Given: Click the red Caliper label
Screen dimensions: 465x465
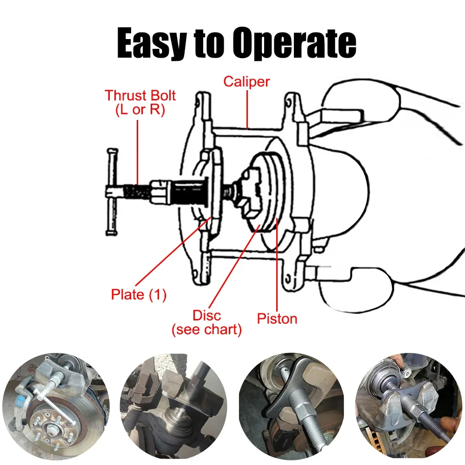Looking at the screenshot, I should (x=246, y=81).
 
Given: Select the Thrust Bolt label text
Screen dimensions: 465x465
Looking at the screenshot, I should (x=140, y=96).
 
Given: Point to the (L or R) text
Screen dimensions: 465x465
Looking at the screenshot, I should (x=140, y=111).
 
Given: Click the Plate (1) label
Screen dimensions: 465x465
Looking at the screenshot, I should (x=139, y=295).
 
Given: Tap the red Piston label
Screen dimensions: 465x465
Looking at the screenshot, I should (x=277, y=319).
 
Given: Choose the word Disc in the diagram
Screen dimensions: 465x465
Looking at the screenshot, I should (x=207, y=315).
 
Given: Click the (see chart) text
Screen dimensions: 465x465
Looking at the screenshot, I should (x=207, y=330).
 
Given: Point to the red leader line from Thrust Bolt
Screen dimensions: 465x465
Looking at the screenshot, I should (x=138, y=149).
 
